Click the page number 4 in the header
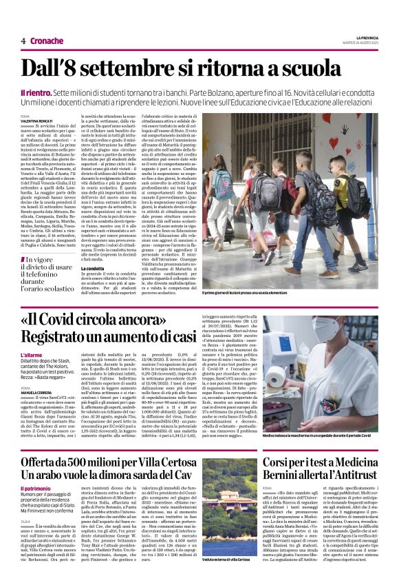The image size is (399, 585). (x=23, y=41)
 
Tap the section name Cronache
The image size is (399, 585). (x=47, y=41)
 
